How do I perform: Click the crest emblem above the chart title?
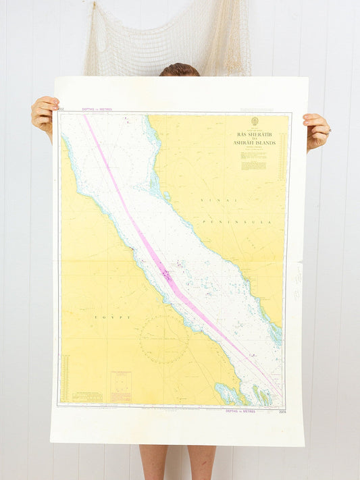coord(255,122)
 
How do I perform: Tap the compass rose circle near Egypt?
coord(164,340)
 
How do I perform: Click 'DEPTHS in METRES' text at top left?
coord(97,109)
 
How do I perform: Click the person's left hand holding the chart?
coord(45,115)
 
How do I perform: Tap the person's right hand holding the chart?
coord(315,130)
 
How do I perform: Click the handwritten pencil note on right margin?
coord(297,282)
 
